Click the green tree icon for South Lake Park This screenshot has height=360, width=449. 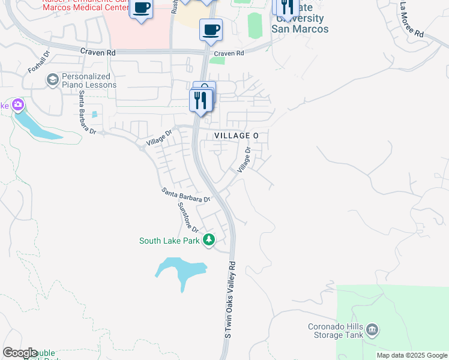[208, 240]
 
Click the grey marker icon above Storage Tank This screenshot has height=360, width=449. [372, 329]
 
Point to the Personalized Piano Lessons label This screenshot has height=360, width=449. [89, 80]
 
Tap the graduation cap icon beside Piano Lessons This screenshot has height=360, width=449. [52, 79]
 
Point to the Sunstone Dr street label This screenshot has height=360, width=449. [188, 217]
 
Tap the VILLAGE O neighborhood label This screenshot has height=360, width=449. [237, 136]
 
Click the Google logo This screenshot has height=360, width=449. [20, 353]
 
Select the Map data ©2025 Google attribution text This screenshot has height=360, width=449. [412, 355]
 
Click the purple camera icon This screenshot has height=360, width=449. [18, 105]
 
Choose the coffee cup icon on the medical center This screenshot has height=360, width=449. [141, 8]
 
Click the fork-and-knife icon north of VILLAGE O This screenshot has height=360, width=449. [200, 100]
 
